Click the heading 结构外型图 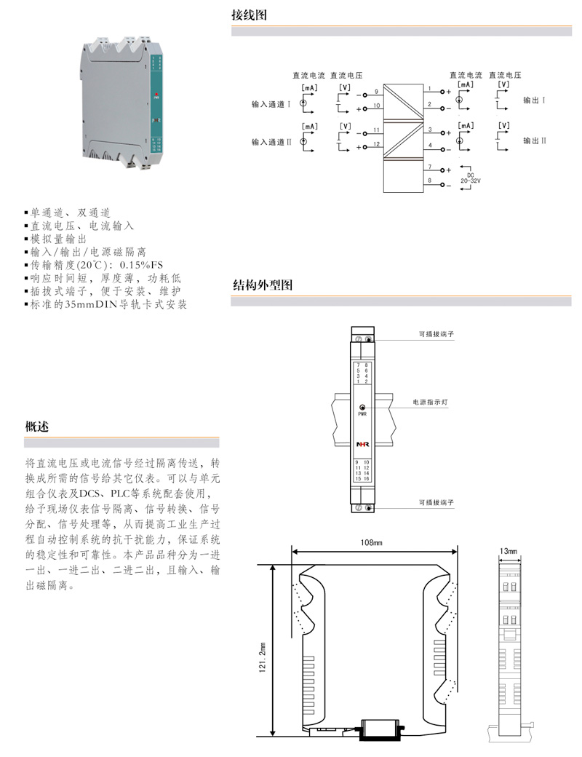click(262, 285)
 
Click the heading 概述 click(37, 427)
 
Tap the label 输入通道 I click(271, 104)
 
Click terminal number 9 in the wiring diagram click(376, 92)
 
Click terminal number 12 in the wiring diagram click(376, 144)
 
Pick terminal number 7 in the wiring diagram click(430, 167)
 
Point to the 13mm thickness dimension click(510, 552)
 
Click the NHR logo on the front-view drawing click(362, 443)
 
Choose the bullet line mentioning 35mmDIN click(106, 304)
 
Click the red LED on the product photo click(156, 95)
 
